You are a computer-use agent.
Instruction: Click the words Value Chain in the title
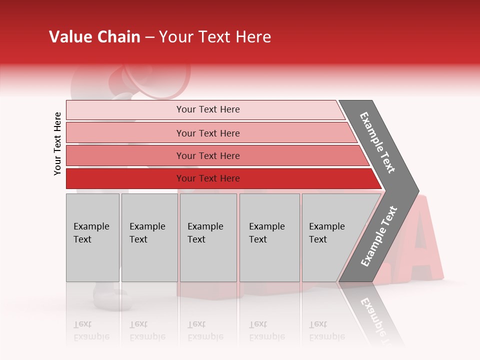(x=94, y=37)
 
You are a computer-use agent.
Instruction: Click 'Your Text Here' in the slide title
(x=215, y=37)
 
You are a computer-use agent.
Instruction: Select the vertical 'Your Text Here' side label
(x=57, y=143)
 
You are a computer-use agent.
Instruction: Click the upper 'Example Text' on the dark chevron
(x=378, y=142)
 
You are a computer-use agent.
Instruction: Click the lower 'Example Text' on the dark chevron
(x=379, y=236)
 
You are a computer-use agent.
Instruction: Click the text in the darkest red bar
(x=208, y=178)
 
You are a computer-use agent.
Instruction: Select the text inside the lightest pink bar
(x=208, y=109)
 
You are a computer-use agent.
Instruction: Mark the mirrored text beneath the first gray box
(x=91, y=330)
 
